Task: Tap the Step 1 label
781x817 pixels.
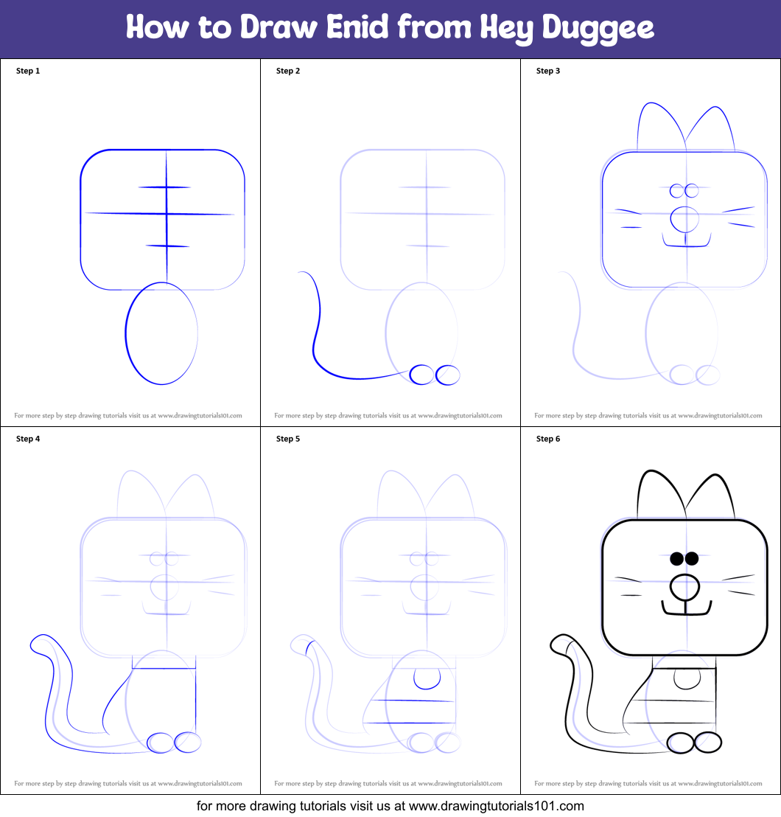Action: click(x=28, y=71)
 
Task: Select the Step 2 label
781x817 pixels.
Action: click(x=288, y=71)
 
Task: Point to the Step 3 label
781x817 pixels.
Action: click(x=548, y=71)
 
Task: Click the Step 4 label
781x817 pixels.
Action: click(x=28, y=439)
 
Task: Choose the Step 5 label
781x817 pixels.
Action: click(x=288, y=439)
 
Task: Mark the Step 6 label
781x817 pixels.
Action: click(x=548, y=439)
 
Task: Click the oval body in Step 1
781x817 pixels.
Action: click(x=161, y=333)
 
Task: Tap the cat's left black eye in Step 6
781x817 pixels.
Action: click(x=677, y=558)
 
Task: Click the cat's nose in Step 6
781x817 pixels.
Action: click(x=684, y=587)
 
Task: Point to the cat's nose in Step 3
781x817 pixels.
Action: click(x=684, y=219)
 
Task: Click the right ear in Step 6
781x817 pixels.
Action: click(x=712, y=498)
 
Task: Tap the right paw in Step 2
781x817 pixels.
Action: click(x=447, y=375)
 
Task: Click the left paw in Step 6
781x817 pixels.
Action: click(x=681, y=743)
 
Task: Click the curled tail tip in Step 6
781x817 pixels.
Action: click(x=559, y=644)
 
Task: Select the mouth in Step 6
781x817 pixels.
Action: click(x=686, y=610)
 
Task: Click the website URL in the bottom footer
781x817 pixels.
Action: click(x=496, y=806)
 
